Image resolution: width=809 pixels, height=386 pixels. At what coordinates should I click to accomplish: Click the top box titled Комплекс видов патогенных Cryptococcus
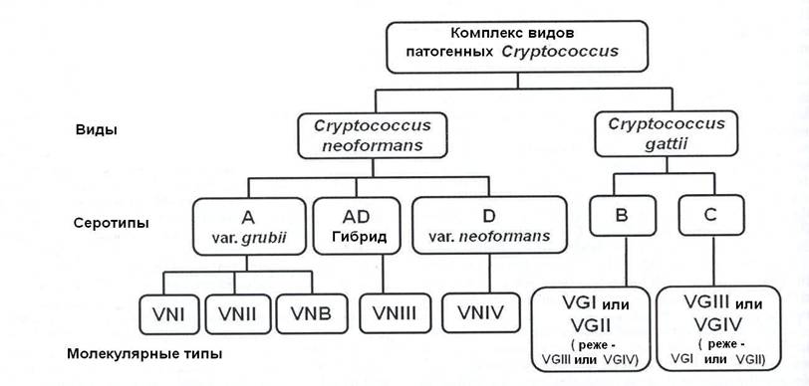(517, 47)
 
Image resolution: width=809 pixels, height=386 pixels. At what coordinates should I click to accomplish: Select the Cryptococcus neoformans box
(372, 135)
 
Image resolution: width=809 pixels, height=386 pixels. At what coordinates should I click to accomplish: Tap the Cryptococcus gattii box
(667, 134)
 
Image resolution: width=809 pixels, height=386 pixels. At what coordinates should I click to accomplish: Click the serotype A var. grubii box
(249, 226)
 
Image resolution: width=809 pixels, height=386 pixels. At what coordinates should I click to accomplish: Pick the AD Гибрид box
(356, 226)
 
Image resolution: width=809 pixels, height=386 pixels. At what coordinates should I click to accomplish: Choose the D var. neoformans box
(489, 226)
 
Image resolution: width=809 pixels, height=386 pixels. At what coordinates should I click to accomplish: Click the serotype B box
(622, 215)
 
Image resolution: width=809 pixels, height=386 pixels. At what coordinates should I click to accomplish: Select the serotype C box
(711, 215)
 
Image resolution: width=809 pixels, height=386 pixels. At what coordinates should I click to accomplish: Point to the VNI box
(168, 313)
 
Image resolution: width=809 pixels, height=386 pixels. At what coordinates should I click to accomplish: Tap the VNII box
(237, 313)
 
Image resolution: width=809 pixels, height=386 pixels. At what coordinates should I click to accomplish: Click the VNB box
(311, 313)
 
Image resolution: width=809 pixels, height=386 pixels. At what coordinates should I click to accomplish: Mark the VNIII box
(395, 312)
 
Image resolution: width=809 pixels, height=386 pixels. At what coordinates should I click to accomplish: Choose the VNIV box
(481, 312)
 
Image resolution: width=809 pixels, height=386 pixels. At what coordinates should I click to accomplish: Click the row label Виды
(97, 129)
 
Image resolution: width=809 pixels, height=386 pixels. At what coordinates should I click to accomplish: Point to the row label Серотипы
(111, 224)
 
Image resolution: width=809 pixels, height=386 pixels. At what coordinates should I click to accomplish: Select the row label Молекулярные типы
(145, 354)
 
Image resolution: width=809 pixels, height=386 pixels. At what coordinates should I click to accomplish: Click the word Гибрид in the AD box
(359, 237)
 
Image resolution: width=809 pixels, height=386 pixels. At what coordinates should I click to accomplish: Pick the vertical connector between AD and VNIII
(383, 275)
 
